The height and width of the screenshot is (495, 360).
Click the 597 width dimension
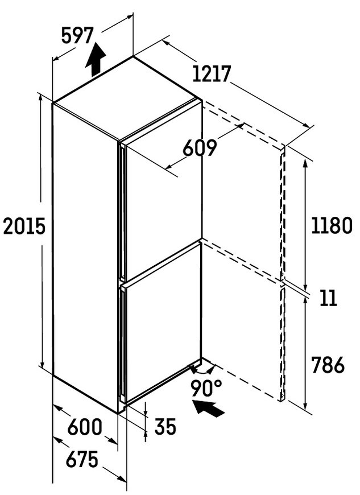(x=77, y=35)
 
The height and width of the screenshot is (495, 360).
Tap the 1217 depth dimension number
(x=212, y=74)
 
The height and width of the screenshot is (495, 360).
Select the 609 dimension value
(x=200, y=147)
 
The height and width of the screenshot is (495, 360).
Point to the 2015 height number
(x=24, y=226)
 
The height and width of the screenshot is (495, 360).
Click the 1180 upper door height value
(x=332, y=225)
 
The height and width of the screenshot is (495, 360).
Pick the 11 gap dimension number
(x=329, y=298)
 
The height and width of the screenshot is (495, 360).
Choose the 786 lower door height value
(x=328, y=365)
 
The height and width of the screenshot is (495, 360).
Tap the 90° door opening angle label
(x=206, y=387)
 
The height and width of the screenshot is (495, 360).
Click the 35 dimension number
(x=165, y=427)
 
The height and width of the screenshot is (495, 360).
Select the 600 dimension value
(x=85, y=427)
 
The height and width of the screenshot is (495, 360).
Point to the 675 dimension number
(x=82, y=459)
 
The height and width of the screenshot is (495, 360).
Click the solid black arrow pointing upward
(x=96, y=60)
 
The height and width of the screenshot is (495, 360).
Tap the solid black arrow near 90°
(x=209, y=408)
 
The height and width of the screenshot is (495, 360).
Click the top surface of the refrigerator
(x=126, y=98)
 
